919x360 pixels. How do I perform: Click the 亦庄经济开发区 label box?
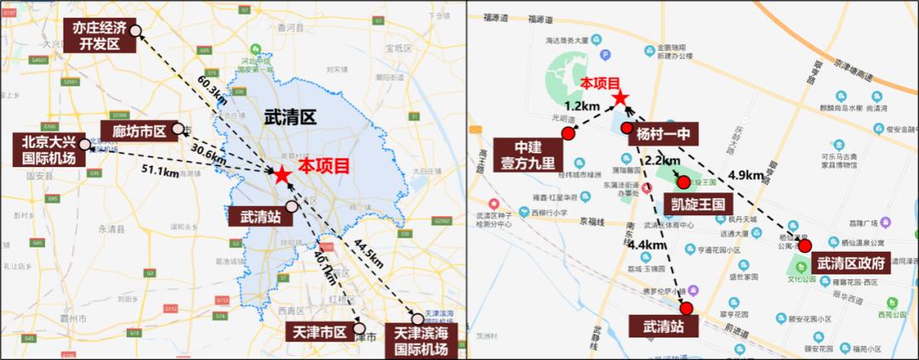(x=100, y=37)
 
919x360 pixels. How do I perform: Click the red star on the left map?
(x=281, y=174)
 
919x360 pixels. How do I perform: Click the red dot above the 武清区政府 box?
(x=804, y=245)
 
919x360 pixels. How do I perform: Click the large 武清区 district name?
(x=290, y=116)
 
